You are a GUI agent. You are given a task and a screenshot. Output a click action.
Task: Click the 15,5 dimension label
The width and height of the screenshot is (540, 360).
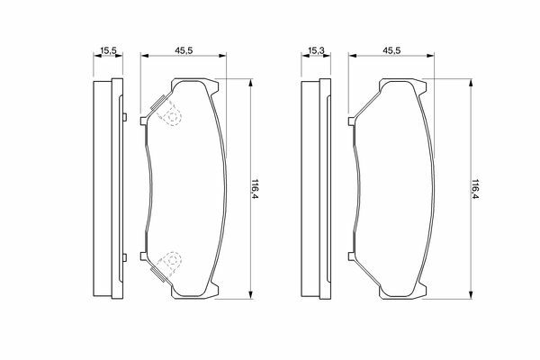pyautogui.click(x=108, y=51)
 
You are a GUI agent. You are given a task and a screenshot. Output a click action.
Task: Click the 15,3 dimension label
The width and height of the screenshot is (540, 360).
pyautogui.click(x=316, y=50)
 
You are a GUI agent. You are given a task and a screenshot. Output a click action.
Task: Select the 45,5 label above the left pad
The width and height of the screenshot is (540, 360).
pyautogui.click(x=184, y=50)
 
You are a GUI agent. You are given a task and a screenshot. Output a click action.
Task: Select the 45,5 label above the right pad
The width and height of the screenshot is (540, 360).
pyautogui.click(x=391, y=50)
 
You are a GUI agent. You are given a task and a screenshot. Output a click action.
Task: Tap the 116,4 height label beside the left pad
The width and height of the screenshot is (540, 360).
pyautogui.click(x=256, y=189)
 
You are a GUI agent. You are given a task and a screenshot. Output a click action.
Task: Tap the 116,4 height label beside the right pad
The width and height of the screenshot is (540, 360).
pyautogui.click(x=475, y=189)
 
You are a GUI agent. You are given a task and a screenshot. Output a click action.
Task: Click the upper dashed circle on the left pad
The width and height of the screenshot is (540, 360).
pyautogui.click(x=172, y=115)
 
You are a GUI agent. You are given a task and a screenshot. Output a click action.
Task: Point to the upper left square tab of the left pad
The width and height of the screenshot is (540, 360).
pyautogui.click(x=144, y=121)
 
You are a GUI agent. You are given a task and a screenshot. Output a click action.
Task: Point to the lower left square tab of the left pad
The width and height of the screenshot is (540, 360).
pyautogui.click(x=144, y=256)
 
